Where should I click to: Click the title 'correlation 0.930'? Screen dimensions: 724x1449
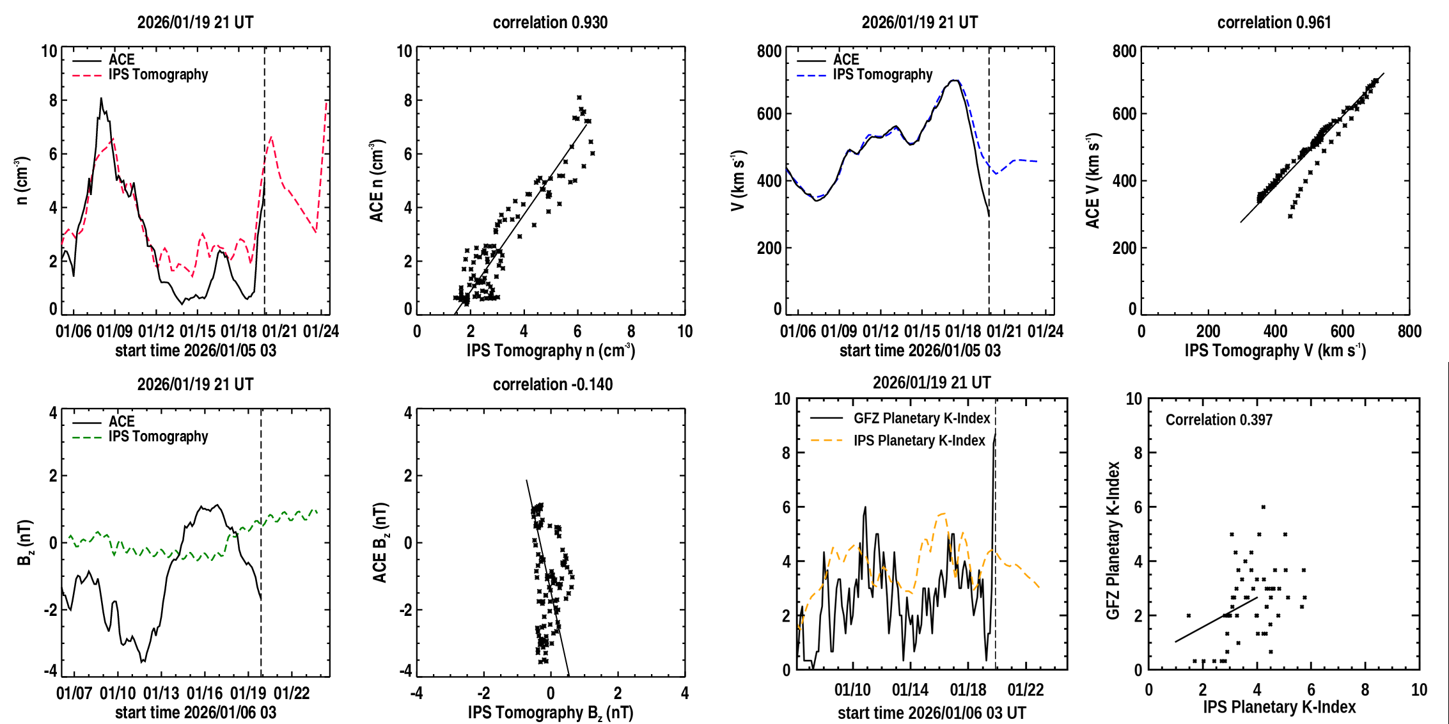tap(550, 22)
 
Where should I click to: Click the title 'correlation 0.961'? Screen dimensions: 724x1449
tap(1274, 22)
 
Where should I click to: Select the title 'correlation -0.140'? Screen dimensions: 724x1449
tap(552, 384)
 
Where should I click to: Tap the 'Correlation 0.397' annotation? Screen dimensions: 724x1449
tap(1219, 420)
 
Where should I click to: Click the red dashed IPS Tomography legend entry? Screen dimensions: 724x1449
tap(158, 75)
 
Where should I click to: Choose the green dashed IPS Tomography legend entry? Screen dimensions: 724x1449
tap(158, 437)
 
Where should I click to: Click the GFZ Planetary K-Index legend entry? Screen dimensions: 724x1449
tap(921, 418)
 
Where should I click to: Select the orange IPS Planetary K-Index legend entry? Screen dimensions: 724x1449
tap(919, 441)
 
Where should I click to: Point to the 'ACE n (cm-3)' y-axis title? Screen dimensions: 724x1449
tap(377, 181)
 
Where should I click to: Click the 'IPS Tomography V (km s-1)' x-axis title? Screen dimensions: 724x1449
tap(1275, 350)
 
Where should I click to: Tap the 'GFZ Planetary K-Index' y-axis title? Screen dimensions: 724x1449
tap(1113, 540)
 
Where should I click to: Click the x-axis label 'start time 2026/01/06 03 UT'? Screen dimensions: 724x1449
tap(932, 712)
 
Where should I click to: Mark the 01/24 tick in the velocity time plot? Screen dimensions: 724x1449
tap(1046, 331)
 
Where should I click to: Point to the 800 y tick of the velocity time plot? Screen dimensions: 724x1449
tap(769, 51)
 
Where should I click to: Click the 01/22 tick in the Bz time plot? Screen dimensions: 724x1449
tap(292, 693)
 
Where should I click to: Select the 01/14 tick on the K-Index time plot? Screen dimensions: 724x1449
tap(910, 689)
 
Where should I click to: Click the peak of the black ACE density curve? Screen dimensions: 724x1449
tap(101, 98)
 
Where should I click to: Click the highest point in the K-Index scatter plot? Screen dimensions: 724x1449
tap(1263, 507)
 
